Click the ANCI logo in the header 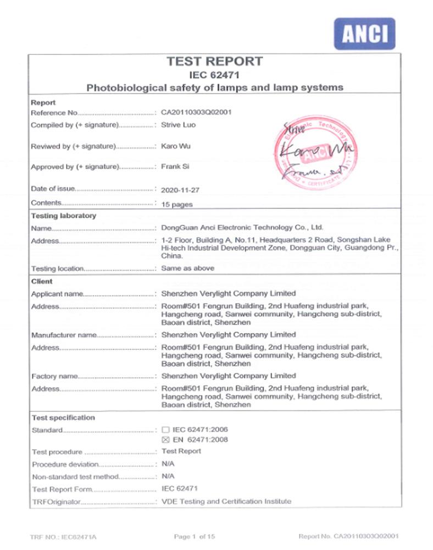pyautogui.click(x=364, y=34)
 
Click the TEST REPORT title pyautogui.click(x=215, y=62)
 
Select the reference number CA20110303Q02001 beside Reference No pyautogui.click(x=196, y=112)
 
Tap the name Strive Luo pyautogui.click(x=178, y=125)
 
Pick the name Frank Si pyautogui.click(x=175, y=166)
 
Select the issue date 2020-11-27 pyautogui.click(x=181, y=190)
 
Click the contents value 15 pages pyautogui.click(x=177, y=204)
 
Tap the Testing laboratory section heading pyautogui.click(x=63, y=216)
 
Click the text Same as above pyautogui.click(x=187, y=268)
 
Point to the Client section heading pyautogui.click(x=42, y=281)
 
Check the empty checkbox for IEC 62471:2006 pyautogui.click(x=166, y=430)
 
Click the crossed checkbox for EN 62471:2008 pyautogui.click(x=166, y=440)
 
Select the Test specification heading pyautogui.click(x=63, y=417)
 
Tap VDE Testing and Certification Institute pyautogui.click(x=226, y=501)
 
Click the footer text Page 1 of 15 pyautogui.click(x=194, y=536)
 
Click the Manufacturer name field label pyautogui.click(x=63, y=335)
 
